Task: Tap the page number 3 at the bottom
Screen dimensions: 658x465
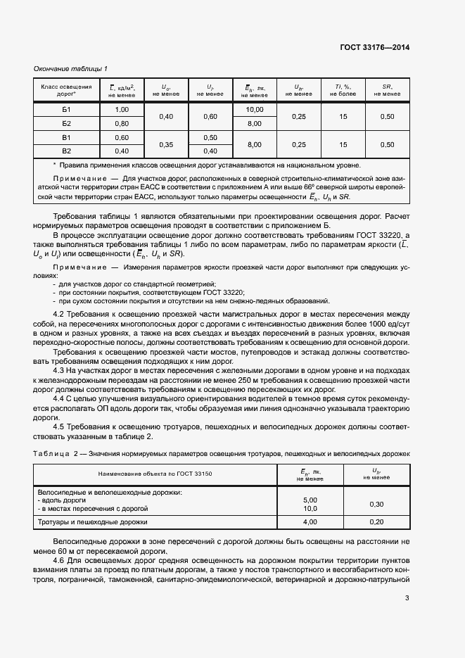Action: point(407,599)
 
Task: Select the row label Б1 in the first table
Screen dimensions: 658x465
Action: point(67,110)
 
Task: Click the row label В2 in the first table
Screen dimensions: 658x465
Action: point(67,151)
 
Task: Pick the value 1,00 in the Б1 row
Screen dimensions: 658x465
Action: point(122,110)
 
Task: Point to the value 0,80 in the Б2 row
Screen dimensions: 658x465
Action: point(122,123)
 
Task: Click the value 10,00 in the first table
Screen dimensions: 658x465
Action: point(254,110)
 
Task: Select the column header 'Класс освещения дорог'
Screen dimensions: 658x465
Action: point(67,89)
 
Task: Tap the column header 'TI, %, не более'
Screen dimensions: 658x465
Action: point(343,89)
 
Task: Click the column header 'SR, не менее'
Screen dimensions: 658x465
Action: point(387,89)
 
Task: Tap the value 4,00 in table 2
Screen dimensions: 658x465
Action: point(310,522)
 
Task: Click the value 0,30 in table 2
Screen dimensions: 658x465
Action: point(376,504)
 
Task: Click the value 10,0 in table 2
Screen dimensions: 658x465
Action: point(310,508)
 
